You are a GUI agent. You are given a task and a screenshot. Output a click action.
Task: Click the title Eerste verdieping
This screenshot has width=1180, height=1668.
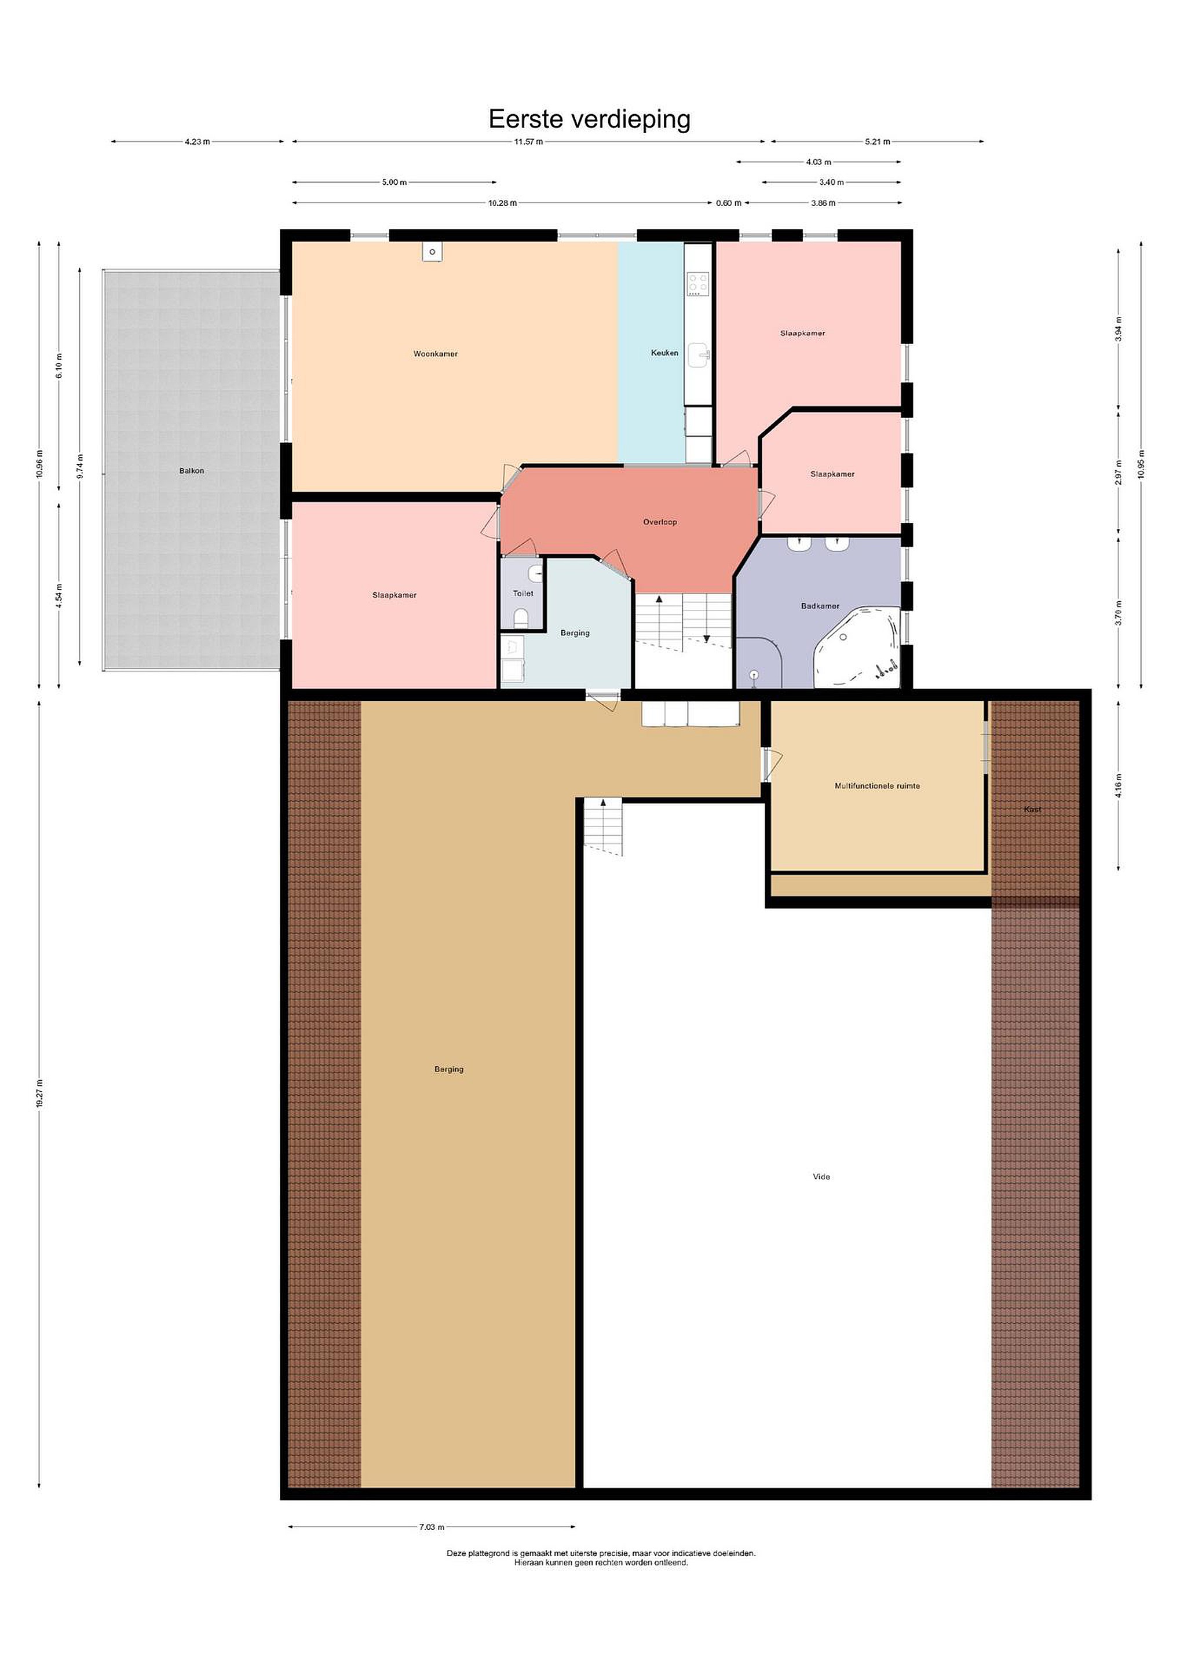589,118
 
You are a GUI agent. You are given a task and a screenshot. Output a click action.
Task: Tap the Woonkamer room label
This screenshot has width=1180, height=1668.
435,354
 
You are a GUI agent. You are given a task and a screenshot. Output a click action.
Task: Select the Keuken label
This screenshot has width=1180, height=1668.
664,353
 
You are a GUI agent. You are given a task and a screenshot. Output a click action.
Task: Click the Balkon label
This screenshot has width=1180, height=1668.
192,471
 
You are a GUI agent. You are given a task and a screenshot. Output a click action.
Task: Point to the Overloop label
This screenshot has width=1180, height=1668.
660,522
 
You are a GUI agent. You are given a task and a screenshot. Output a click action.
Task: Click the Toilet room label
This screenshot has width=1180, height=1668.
523,594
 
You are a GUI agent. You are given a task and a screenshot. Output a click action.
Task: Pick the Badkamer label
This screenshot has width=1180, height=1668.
820,606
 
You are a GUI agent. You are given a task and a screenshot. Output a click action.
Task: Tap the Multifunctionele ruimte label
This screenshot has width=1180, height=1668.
877,786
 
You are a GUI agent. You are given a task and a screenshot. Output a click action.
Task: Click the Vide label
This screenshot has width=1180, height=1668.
821,1177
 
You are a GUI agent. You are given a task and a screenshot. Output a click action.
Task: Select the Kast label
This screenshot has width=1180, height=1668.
1032,809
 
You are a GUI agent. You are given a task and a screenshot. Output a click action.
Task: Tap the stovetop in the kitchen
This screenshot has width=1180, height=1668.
699,283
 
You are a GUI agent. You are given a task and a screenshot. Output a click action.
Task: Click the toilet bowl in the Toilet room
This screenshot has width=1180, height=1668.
521,618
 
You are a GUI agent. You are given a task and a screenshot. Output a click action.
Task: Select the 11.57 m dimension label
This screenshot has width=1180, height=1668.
528,142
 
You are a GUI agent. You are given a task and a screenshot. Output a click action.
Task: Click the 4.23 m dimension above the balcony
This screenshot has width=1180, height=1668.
197,142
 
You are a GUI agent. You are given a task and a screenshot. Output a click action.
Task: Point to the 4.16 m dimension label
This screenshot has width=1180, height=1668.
1119,785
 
